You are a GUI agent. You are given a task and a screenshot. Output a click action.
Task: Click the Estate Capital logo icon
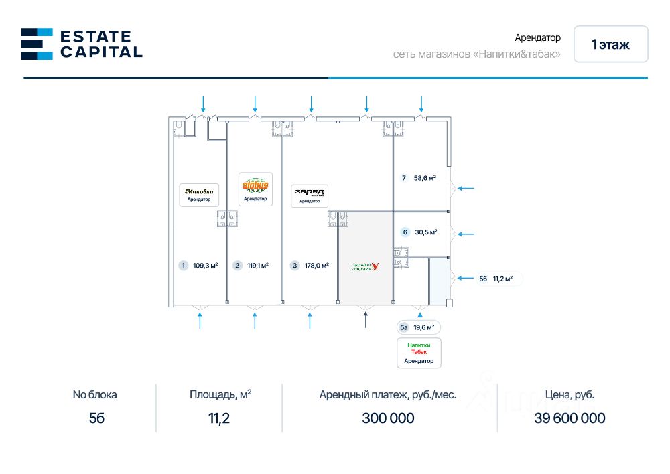[x=37, y=44]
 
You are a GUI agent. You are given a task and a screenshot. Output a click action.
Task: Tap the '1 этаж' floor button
[x=610, y=44]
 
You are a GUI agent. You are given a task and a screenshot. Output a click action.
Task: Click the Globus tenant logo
[x=255, y=185]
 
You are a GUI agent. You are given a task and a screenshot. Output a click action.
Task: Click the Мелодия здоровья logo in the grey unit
[x=366, y=266]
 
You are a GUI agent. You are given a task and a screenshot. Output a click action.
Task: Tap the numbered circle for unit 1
[x=183, y=266]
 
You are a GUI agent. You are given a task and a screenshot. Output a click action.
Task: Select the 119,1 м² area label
[x=258, y=266]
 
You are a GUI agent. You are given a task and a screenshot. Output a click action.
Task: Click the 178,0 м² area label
[x=316, y=266]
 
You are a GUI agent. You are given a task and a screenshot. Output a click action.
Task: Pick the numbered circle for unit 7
[x=403, y=178]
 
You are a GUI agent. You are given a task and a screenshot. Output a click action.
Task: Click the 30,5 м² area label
[x=426, y=232]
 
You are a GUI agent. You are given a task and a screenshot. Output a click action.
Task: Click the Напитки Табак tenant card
[x=419, y=352]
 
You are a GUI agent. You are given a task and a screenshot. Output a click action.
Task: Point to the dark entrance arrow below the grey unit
[x=365, y=320]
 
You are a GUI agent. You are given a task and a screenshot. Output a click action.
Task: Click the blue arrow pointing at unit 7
[x=465, y=189]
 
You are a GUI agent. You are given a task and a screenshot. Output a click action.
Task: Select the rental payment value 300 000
[x=388, y=418]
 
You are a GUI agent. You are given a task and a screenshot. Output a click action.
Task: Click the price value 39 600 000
[x=569, y=418]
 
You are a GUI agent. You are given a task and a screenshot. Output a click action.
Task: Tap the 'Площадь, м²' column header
[x=220, y=394]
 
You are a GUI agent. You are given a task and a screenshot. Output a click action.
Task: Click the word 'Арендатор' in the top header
[x=537, y=38]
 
